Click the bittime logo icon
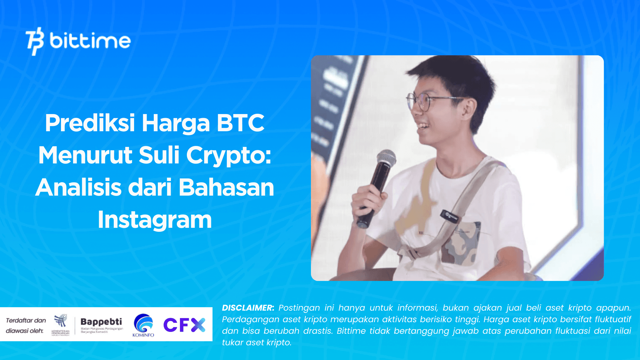(34, 41)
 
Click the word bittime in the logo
(90, 41)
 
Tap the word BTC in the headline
(240, 123)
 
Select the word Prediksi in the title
(90, 123)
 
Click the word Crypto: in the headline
(229, 155)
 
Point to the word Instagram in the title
(155, 220)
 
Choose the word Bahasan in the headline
(226, 187)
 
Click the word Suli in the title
(159, 155)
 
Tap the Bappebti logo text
(101, 322)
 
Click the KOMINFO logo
(143, 325)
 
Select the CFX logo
(184, 325)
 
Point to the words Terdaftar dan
(26, 320)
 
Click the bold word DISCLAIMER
(248, 308)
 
